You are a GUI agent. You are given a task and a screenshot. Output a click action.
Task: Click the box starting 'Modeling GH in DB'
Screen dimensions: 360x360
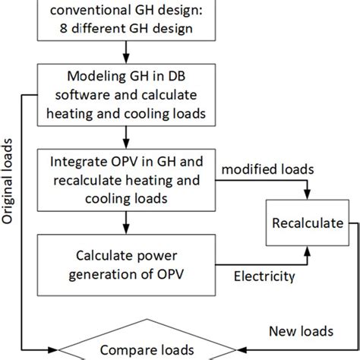click(128, 95)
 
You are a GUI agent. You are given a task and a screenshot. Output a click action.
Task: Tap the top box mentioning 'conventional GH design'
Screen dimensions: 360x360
click(128, 21)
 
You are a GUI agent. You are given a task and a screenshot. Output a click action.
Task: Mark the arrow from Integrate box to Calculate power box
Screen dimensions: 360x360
click(128, 223)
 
